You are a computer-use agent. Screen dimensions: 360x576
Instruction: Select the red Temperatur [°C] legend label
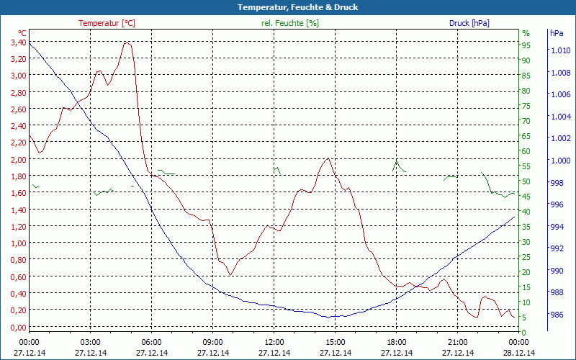tap(107, 23)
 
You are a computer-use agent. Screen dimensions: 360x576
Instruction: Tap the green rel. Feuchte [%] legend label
tap(289, 23)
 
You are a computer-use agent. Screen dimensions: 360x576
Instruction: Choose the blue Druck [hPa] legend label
tap(469, 23)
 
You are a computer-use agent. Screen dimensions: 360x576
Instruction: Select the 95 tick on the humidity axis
tap(526, 45)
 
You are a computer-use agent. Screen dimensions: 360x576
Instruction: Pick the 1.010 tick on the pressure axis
tap(561, 50)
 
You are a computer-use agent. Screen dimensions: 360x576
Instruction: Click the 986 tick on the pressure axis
tap(557, 315)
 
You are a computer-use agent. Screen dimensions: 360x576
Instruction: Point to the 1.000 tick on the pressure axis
tap(561, 160)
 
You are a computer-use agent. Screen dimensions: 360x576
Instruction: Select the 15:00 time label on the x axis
tap(336, 342)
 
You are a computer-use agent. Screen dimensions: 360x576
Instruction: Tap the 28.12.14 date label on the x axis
tap(519, 353)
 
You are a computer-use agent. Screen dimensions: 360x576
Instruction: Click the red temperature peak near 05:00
tap(127, 42)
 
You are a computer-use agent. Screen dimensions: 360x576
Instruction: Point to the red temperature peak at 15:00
tap(328, 158)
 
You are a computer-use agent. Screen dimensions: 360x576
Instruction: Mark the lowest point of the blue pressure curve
tap(328, 317)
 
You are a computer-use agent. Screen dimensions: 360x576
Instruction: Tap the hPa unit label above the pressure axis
tap(557, 33)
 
